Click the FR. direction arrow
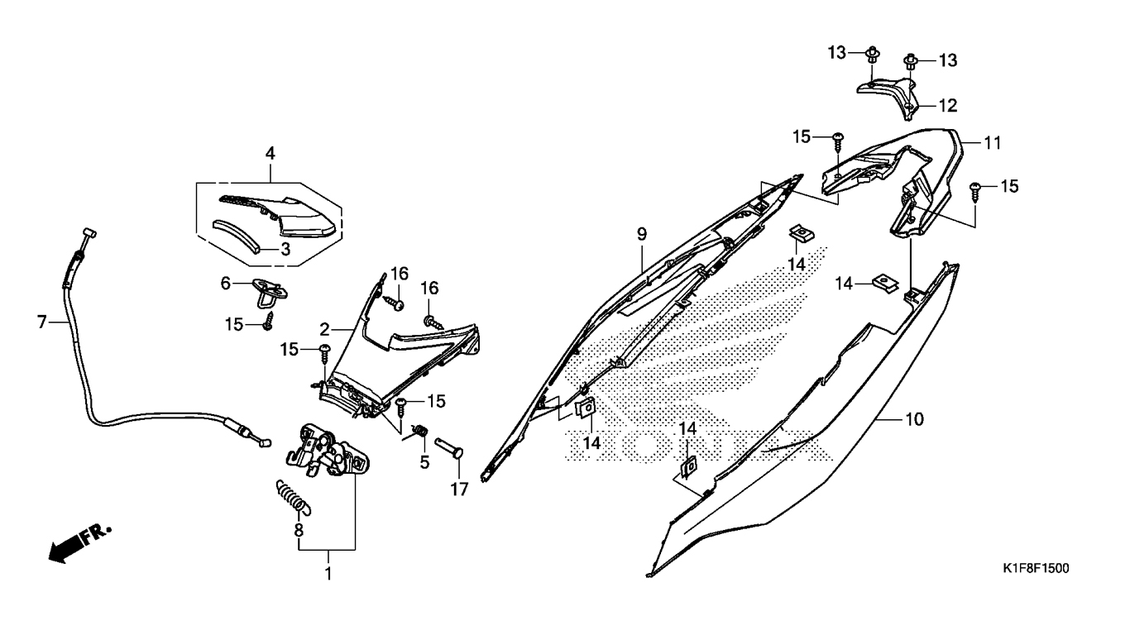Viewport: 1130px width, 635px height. (79, 545)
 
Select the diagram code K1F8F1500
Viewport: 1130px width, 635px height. (1036, 568)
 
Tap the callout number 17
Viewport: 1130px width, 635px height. (460, 489)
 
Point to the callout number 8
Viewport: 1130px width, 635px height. (299, 530)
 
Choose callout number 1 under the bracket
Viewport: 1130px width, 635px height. (328, 574)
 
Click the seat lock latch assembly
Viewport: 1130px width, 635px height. (328, 452)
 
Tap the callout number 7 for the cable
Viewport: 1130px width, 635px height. (41, 322)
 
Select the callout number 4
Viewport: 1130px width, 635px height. (271, 153)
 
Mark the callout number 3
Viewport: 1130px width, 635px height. (285, 249)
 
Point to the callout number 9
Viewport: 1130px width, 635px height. (642, 234)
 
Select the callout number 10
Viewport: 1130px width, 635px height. (915, 419)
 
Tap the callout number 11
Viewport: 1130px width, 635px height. (993, 143)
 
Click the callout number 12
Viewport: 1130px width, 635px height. (948, 105)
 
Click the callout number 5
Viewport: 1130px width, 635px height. (424, 461)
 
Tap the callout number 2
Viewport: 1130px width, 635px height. (324, 330)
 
